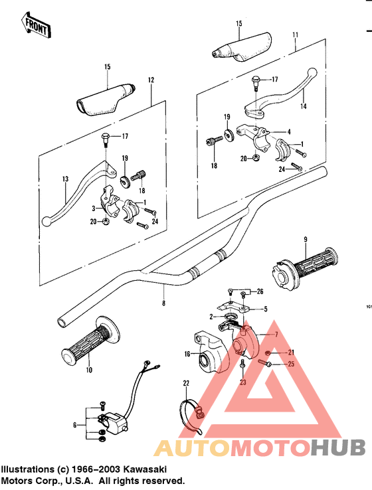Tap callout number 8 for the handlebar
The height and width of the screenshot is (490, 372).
[x=164, y=303]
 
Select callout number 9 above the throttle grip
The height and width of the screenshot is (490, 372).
[x=306, y=240]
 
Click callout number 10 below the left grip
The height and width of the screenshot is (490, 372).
[x=89, y=370]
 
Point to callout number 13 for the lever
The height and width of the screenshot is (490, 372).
[x=65, y=179]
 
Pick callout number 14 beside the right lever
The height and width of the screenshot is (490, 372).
[x=303, y=106]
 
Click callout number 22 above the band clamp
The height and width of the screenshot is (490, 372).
[x=186, y=383]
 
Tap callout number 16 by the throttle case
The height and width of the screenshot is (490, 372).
[x=187, y=354]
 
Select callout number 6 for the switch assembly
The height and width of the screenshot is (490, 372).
[x=74, y=425]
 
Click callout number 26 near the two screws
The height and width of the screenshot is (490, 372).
[x=260, y=291]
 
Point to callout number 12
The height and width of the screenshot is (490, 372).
[x=151, y=80]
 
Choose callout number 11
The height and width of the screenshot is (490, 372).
[x=296, y=35]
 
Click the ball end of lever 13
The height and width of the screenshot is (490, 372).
[x=46, y=222]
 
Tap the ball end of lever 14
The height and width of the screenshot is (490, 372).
[x=312, y=72]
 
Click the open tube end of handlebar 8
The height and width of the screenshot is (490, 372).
[x=62, y=323]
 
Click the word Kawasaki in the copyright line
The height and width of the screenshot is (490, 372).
[x=145, y=469]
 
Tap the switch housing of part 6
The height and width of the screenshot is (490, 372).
[x=116, y=421]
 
